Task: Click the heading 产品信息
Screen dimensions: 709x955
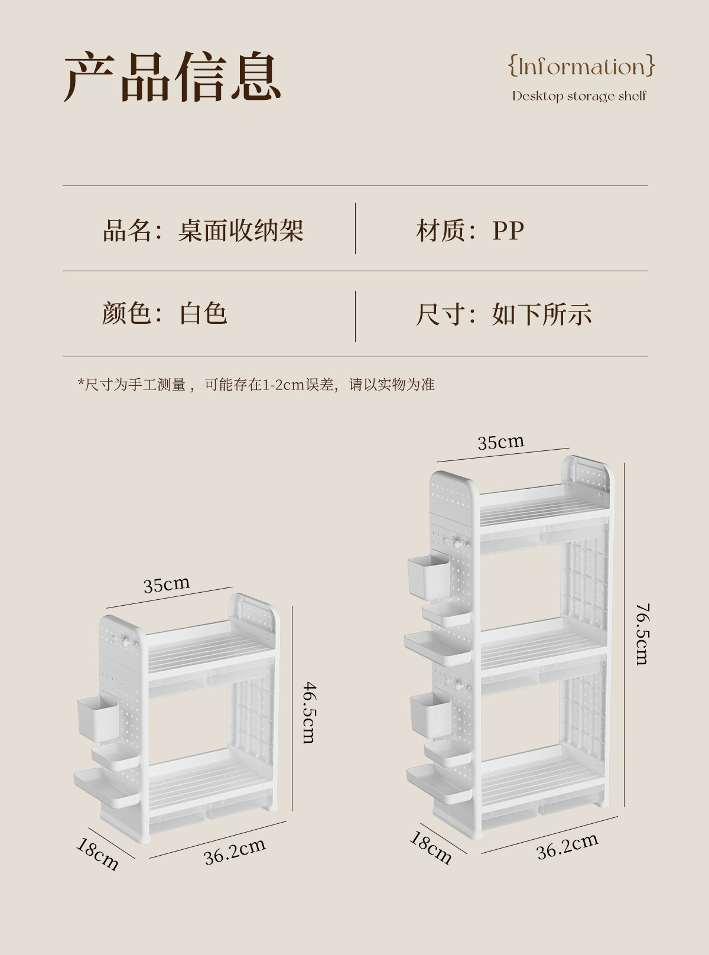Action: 172,77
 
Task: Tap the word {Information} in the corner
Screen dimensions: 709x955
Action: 582,66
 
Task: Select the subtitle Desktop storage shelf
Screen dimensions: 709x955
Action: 579,96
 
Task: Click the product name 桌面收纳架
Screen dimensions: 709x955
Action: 240,230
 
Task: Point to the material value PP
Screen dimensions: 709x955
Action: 508,230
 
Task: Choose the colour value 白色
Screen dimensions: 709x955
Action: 203,313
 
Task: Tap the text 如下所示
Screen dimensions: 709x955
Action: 541,314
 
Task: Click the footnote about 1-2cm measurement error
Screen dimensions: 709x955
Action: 256,385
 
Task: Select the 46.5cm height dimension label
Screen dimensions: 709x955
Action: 310,712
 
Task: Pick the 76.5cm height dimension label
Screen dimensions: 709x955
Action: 642,634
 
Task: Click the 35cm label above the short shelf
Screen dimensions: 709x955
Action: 167,584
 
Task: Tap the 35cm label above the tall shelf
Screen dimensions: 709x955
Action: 500,442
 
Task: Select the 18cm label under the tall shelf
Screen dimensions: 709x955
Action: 431,847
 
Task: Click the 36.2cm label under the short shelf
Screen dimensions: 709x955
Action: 235,851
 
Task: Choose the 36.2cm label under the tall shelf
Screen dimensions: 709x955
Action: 567,846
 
